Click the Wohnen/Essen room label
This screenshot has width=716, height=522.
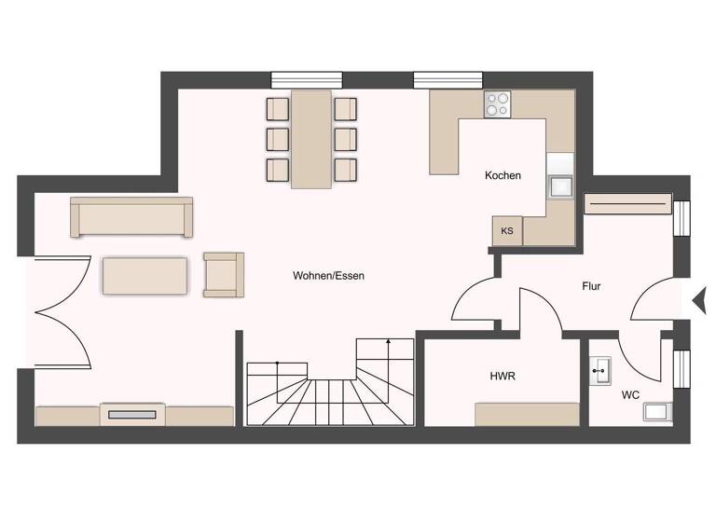(328, 276)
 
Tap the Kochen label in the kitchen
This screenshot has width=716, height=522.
(503, 175)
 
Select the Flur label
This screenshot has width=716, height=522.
(590, 286)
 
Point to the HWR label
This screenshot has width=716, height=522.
(503, 377)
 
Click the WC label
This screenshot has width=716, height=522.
(631, 394)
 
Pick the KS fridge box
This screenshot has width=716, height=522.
(507, 231)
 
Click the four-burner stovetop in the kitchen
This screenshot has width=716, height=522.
(497, 103)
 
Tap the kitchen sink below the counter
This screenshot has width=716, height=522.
(561, 186)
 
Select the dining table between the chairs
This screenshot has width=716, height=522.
(311, 139)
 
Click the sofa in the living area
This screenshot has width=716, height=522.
(131, 217)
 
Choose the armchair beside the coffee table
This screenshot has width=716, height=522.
(223, 274)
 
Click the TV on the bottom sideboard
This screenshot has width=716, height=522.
(133, 415)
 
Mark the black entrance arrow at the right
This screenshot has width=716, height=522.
(698, 300)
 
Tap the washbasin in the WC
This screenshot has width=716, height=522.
(599, 371)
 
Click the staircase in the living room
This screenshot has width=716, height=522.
(329, 387)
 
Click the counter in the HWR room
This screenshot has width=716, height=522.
(527, 414)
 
